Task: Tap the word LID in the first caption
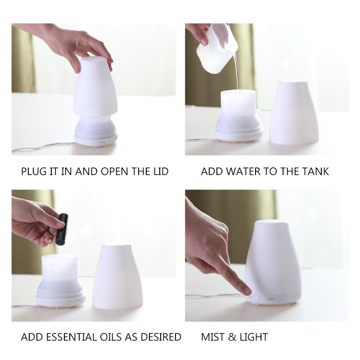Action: [160, 171]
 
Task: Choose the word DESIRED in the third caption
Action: [162, 337]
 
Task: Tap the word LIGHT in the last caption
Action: [254, 337]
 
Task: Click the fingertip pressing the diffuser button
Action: [247, 291]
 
